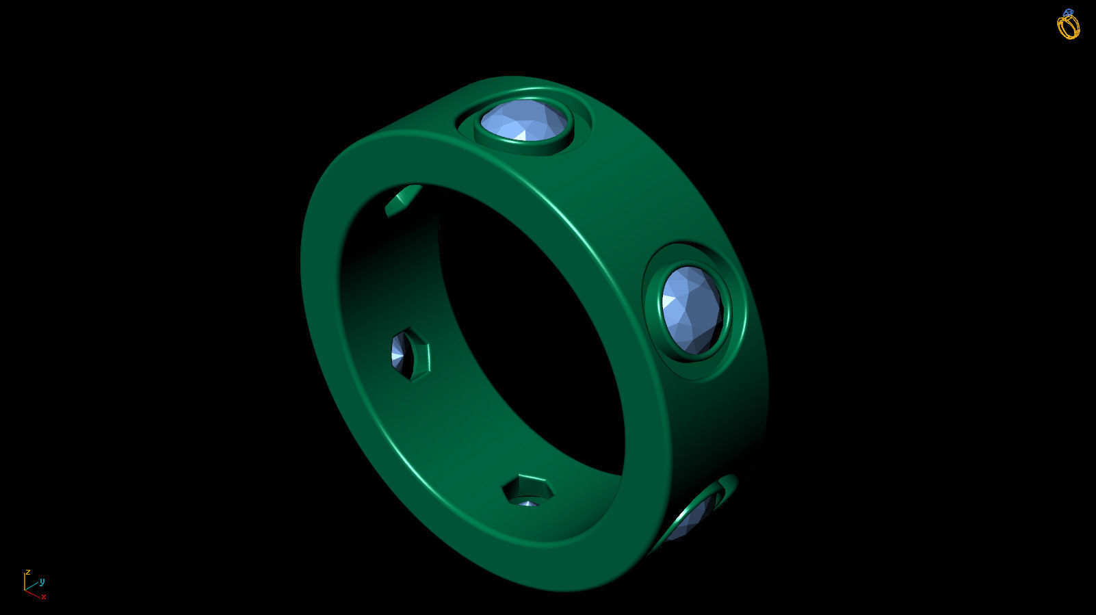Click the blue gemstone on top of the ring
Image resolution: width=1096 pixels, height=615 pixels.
click(x=524, y=120)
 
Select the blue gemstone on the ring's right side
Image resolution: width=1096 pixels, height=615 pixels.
click(x=692, y=310)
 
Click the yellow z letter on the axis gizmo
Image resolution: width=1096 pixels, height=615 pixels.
click(x=28, y=573)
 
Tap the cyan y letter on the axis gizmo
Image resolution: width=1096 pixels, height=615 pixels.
click(x=42, y=582)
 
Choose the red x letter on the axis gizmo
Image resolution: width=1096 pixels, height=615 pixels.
click(x=44, y=597)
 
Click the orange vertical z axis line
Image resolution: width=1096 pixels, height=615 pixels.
click(x=25, y=581)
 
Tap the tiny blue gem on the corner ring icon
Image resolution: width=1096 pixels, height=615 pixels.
click(x=1068, y=12)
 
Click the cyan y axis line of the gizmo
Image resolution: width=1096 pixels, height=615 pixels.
click(x=32, y=586)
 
